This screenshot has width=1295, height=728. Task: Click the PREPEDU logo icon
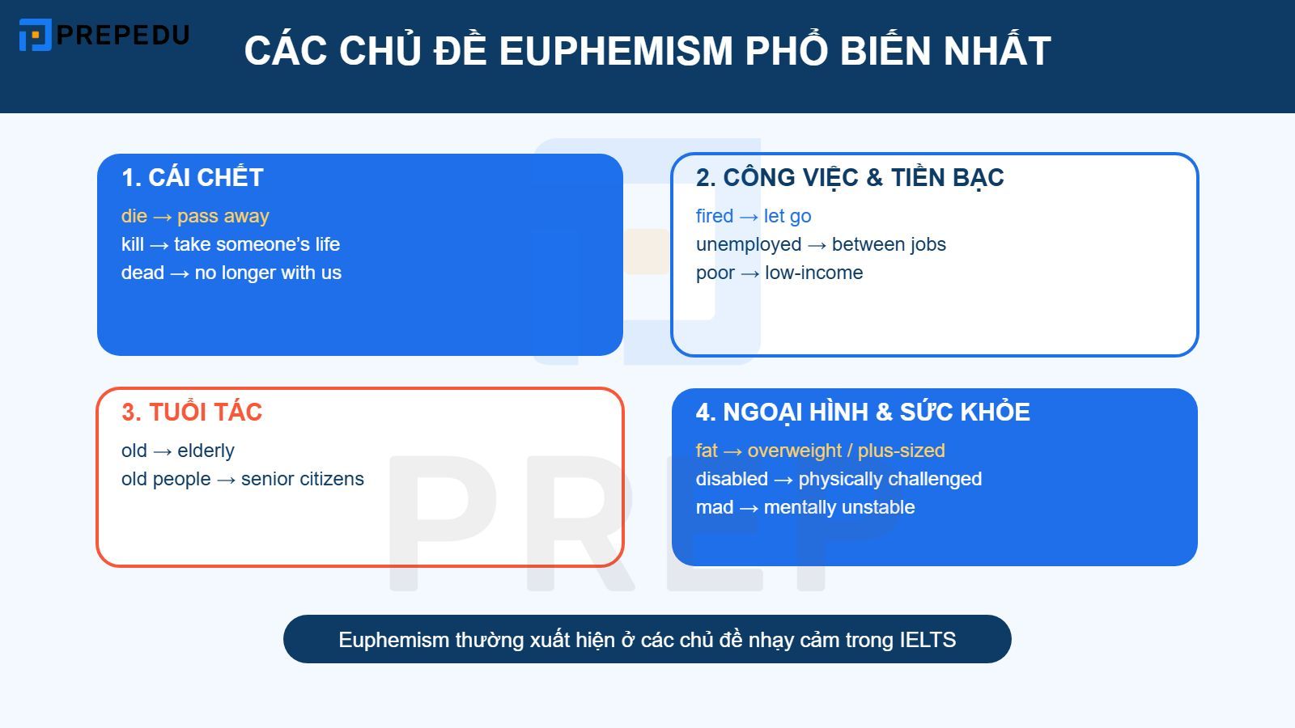pyautogui.click(x=35, y=35)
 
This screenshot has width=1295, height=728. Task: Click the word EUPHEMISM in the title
pyautogui.click(x=615, y=51)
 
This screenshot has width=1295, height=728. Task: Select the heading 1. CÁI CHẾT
pyautogui.click(x=193, y=178)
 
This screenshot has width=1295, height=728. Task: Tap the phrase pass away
pyautogui.click(x=223, y=216)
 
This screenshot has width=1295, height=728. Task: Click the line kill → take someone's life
pyautogui.click(x=231, y=244)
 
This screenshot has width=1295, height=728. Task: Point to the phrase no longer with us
pyautogui.click(x=268, y=273)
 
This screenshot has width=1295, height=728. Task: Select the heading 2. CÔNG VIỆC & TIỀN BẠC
pyautogui.click(x=850, y=178)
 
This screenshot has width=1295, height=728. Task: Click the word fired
pyautogui.click(x=714, y=216)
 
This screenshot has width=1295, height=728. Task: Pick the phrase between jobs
pyautogui.click(x=889, y=244)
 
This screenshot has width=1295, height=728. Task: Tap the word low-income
pyautogui.click(x=813, y=273)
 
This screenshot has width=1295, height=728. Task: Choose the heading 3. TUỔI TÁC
pyautogui.click(x=192, y=413)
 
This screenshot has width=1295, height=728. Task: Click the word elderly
pyautogui.click(x=206, y=451)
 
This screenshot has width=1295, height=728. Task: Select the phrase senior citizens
pyautogui.click(x=302, y=479)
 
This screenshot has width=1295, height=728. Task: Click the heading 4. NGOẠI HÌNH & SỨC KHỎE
pyautogui.click(x=863, y=413)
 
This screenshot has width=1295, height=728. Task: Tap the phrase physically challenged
pyautogui.click(x=890, y=479)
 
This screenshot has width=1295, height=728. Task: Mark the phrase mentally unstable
pyautogui.click(x=839, y=507)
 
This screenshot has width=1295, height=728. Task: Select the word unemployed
pyautogui.click(x=749, y=244)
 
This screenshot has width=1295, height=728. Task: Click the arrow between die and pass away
pyautogui.click(x=162, y=217)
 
